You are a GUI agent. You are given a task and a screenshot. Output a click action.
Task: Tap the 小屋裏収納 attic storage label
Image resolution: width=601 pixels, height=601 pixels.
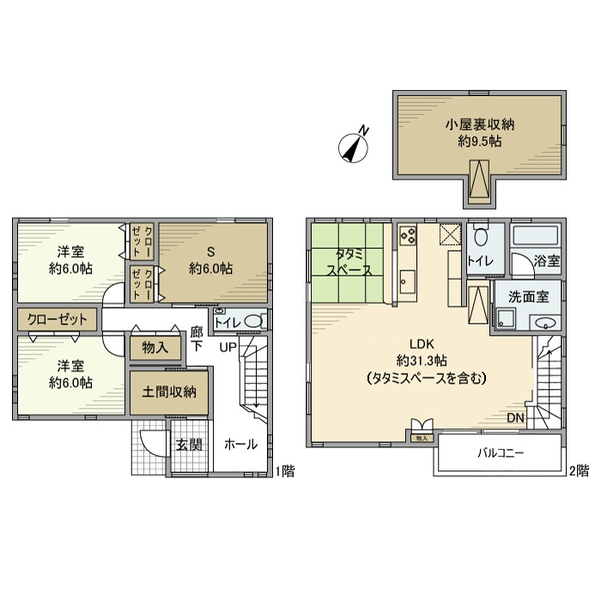click(479, 131)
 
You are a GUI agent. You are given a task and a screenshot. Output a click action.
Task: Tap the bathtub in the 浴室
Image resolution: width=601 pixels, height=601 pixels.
click(534, 236)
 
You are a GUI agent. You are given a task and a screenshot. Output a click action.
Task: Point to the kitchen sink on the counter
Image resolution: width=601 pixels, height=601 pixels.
click(407, 281)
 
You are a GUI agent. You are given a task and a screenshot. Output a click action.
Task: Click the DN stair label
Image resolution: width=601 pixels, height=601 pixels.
click(515, 418)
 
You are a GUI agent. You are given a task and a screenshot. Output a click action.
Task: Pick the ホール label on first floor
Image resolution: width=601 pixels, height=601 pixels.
click(238, 445)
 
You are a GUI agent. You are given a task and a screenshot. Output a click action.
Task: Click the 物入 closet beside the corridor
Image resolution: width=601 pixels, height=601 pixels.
click(155, 348)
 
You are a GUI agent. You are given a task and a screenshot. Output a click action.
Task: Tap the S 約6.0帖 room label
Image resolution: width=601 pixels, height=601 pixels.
click(209, 260)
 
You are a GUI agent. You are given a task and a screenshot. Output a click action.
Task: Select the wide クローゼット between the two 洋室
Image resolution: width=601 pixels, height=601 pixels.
click(58, 319)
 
